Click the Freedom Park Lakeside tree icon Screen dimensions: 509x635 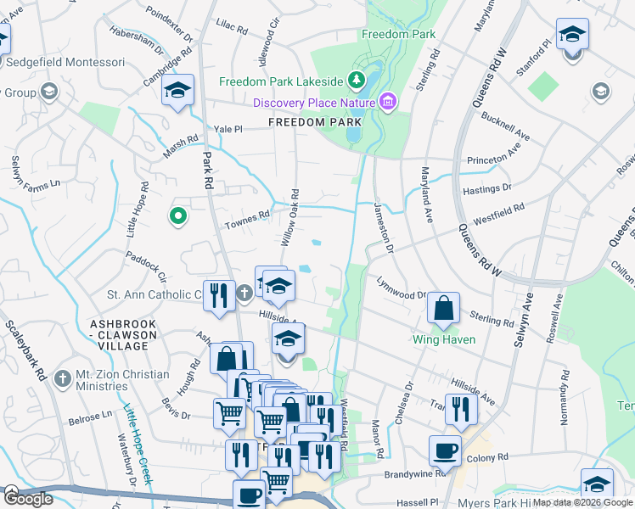[357, 81]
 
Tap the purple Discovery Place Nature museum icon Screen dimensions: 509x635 [388, 103]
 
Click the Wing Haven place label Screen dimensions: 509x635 [443, 339]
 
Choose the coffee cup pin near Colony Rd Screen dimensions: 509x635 [444, 451]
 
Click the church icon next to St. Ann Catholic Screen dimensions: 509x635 [244, 294]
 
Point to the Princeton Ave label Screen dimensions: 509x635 [492, 159]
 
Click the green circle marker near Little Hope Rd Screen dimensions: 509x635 [177, 217]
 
